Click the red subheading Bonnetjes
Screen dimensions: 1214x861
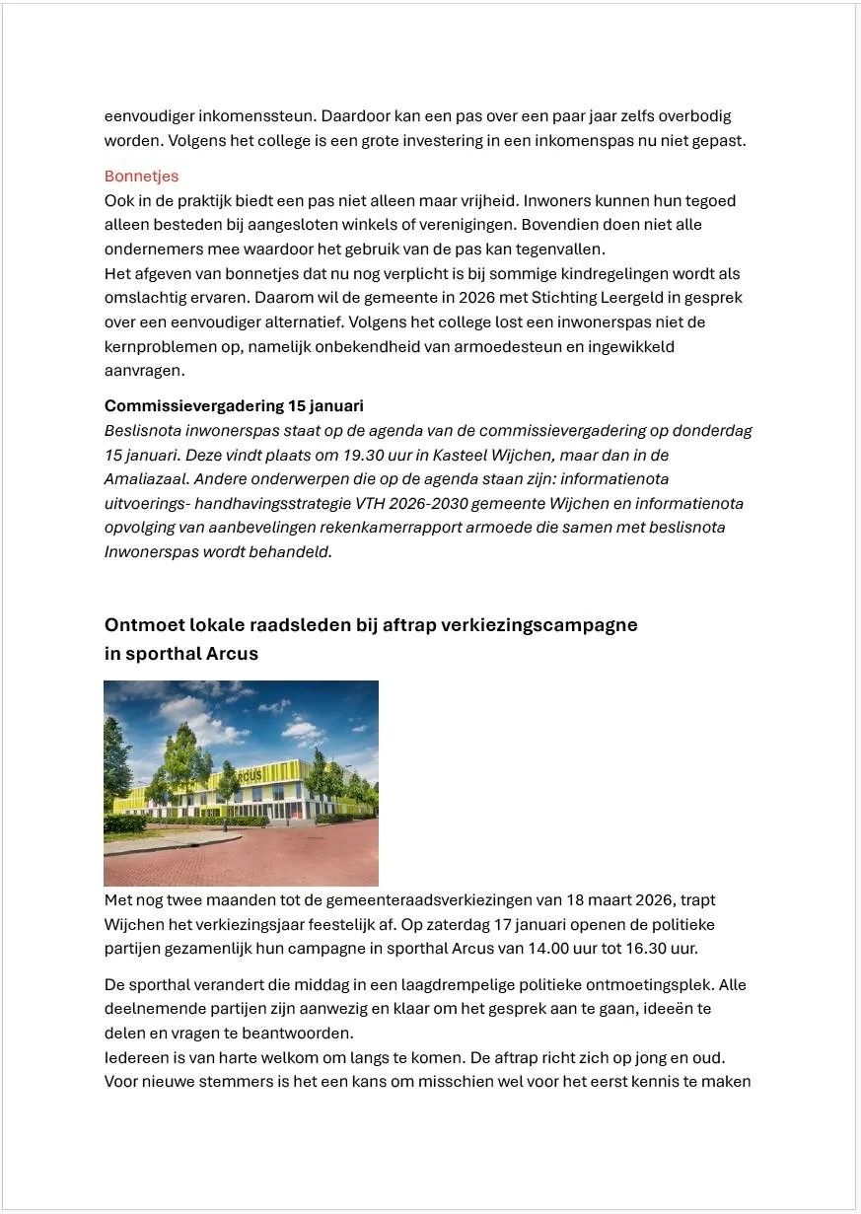point(141,177)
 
